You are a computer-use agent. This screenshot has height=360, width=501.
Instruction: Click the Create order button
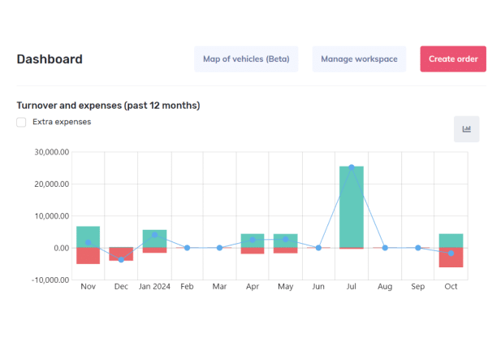pos(453,59)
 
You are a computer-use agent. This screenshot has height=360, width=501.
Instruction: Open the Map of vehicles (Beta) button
pos(246,59)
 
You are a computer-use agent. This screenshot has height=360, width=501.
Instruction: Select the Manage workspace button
pos(359,59)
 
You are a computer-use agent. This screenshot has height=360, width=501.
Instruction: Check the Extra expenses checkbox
pos(21,122)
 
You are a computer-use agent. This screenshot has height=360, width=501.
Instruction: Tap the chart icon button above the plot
pos(467,129)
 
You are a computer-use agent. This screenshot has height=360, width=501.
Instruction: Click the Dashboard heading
pos(50,59)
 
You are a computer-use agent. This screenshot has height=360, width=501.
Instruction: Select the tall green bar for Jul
pos(352,207)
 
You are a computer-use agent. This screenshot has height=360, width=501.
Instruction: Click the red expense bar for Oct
pos(451,258)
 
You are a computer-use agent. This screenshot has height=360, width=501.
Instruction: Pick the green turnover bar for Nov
pos(89,237)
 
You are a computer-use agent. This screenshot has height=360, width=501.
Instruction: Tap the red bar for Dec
pos(121,254)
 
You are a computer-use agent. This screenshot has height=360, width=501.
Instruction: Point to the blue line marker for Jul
pos(352,167)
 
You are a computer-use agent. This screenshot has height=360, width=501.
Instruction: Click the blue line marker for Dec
pos(121,259)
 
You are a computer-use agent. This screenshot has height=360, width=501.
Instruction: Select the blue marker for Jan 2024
pos(154,235)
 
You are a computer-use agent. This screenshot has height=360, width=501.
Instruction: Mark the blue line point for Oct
pos(451,254)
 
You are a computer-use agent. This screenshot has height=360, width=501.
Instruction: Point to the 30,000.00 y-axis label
pos(52,152)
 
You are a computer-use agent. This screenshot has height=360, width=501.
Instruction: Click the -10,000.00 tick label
pos(50,280)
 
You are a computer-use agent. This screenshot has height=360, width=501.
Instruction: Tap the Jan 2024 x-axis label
pos(154,287)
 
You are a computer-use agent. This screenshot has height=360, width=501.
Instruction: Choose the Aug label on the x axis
pos(385,287)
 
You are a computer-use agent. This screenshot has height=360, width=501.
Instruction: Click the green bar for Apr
pos(253,241)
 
